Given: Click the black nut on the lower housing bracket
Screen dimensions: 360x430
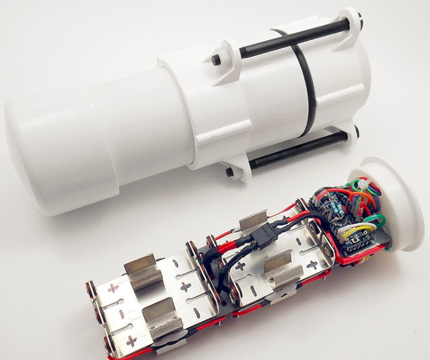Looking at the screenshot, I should click(229, 172).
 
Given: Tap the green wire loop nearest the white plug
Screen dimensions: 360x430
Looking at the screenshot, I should click(378, 221).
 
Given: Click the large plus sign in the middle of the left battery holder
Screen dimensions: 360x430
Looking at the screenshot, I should click(185, 287).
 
